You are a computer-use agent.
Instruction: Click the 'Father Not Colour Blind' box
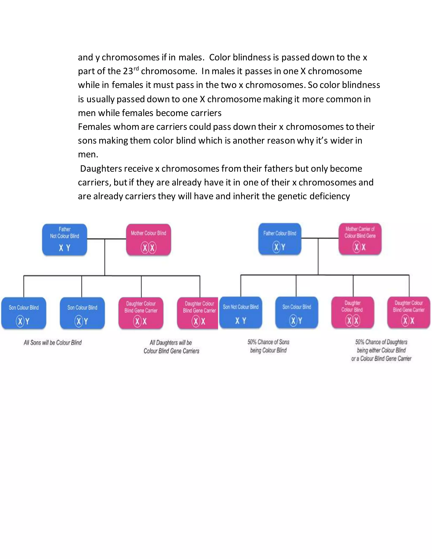tap(65, 240)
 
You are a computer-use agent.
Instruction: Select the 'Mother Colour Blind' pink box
tap(148, 240)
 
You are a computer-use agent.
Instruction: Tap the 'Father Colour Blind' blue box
tap(280, 239)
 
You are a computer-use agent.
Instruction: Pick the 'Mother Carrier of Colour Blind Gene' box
tap(360, 239)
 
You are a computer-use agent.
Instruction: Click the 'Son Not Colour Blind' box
tap(240, 313)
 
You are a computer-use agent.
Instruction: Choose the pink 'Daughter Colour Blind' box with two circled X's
tap(353, 313)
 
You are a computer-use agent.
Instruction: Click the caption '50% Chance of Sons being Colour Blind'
tap(268, 346)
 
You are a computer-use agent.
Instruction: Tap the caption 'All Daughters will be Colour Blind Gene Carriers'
tap(171, 347)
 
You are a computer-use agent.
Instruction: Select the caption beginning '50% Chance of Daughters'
tap(381, 350)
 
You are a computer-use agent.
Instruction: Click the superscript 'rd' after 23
tap(136, 68)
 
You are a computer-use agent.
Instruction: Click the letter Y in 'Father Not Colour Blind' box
tap(68, 248)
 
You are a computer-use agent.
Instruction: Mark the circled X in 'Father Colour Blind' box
tap(276, 247)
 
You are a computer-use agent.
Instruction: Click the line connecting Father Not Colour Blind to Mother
tap(107, 239)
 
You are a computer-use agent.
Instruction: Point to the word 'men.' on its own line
tap(88, 155)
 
